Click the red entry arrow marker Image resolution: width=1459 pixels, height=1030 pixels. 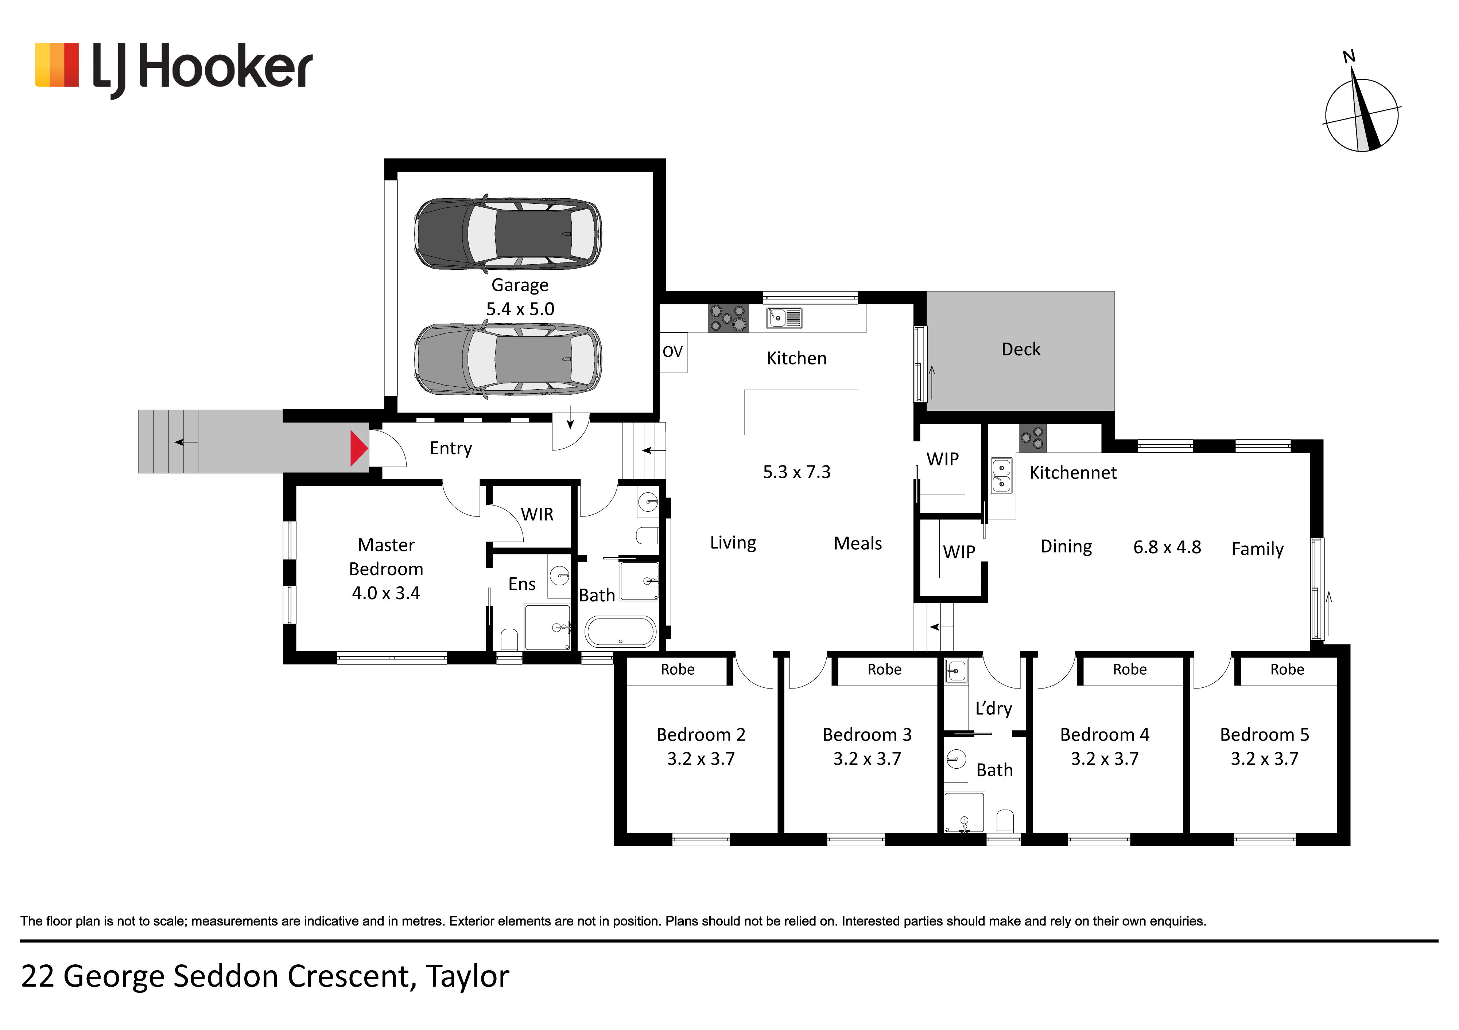click(358, 448)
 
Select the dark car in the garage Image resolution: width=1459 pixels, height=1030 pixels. click(508, 233)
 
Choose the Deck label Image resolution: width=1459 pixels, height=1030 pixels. click(1021, 349)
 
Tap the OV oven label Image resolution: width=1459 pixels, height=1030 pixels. click(672, 351)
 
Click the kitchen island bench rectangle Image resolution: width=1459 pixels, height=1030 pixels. click(801, 412)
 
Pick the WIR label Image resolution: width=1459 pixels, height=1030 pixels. click(537, 514)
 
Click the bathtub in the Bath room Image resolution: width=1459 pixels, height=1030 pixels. click(620, 632)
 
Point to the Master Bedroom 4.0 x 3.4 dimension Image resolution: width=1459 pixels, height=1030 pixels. click(386, 593)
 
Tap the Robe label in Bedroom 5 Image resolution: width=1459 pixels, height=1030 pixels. click(1287, 669)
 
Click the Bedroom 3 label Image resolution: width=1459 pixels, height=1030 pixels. click(867, 735)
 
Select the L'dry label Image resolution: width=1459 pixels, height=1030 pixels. click(993, 708)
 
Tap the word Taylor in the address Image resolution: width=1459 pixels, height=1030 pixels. click(468, 977)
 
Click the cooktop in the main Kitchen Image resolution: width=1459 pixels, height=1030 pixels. click(728, 318)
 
